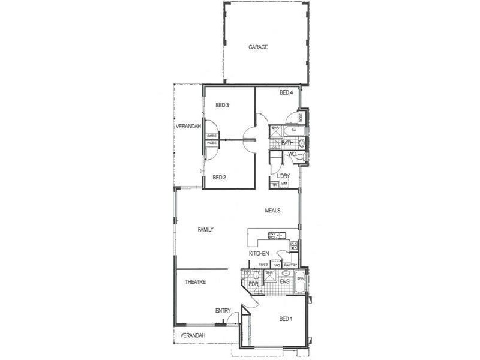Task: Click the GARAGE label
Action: pos(258,47)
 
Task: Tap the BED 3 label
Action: pos(222,106)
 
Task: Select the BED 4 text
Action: pos(286,93)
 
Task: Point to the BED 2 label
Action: pos(219,178)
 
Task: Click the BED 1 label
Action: pos(286,319)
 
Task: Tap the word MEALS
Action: pos(273,211)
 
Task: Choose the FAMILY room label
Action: pos(206,230)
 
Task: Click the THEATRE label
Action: pos(196,282)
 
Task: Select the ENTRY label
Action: pos(223,311)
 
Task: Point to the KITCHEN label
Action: pos(259,254)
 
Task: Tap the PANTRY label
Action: pos(290,265)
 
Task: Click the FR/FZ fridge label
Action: pos(263,265)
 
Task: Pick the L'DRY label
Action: pos(284,176)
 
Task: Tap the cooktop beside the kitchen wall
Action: pos(294,245)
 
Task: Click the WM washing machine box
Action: pos(284,184)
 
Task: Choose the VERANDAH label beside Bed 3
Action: pos(188,127)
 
